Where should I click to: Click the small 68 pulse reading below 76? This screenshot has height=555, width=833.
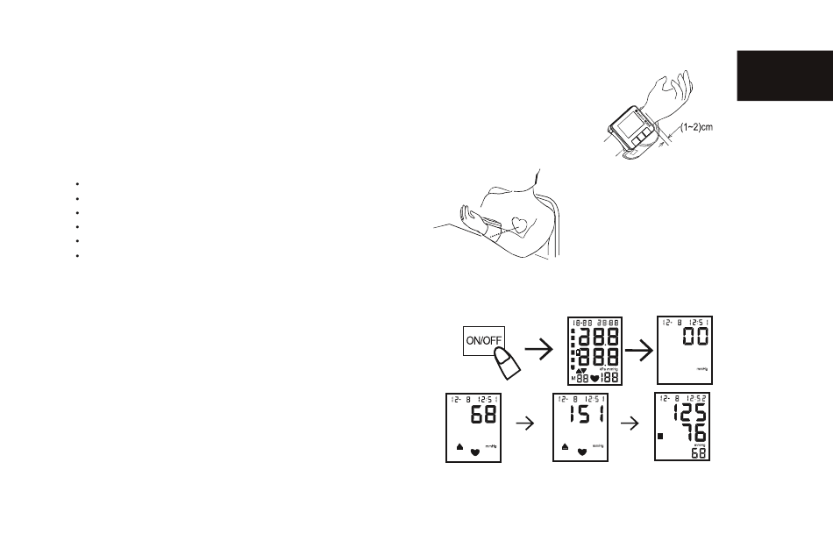click(700, 453)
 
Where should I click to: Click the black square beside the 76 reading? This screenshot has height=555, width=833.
click(661, 436)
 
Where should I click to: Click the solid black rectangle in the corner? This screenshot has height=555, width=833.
click(784, 76)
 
